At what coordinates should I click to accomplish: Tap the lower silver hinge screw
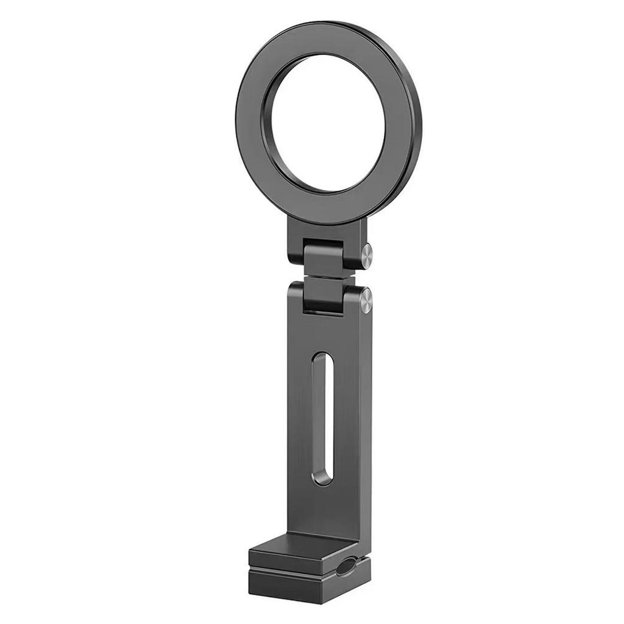click(x=366, y=300)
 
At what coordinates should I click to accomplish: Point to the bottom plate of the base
click(x=292, y=586)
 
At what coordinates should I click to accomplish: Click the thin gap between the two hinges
click(x=326, y=277)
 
